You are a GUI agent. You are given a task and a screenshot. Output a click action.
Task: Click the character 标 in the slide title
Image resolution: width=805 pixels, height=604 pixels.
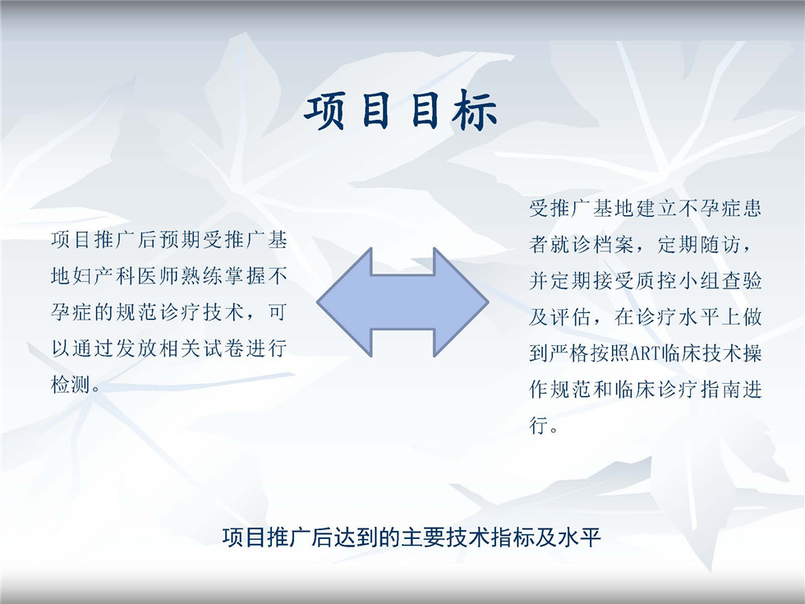point(475,110)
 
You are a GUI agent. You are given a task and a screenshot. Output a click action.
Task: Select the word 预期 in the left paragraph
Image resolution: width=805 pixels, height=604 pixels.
point(180,240)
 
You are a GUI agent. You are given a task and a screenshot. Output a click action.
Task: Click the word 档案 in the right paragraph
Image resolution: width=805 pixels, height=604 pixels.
point(614,245)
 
